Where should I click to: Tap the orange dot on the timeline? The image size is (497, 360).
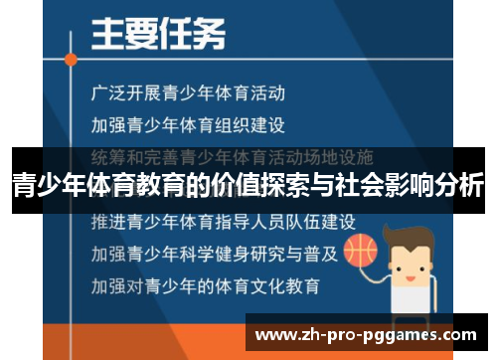70,59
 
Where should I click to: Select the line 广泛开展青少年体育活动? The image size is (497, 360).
188,93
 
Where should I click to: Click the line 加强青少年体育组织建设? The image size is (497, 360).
188,125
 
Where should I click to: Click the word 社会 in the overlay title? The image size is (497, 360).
353,185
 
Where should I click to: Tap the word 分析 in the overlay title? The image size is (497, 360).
460,185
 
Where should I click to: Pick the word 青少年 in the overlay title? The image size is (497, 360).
49,185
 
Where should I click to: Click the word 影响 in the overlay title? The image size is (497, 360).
408,185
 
